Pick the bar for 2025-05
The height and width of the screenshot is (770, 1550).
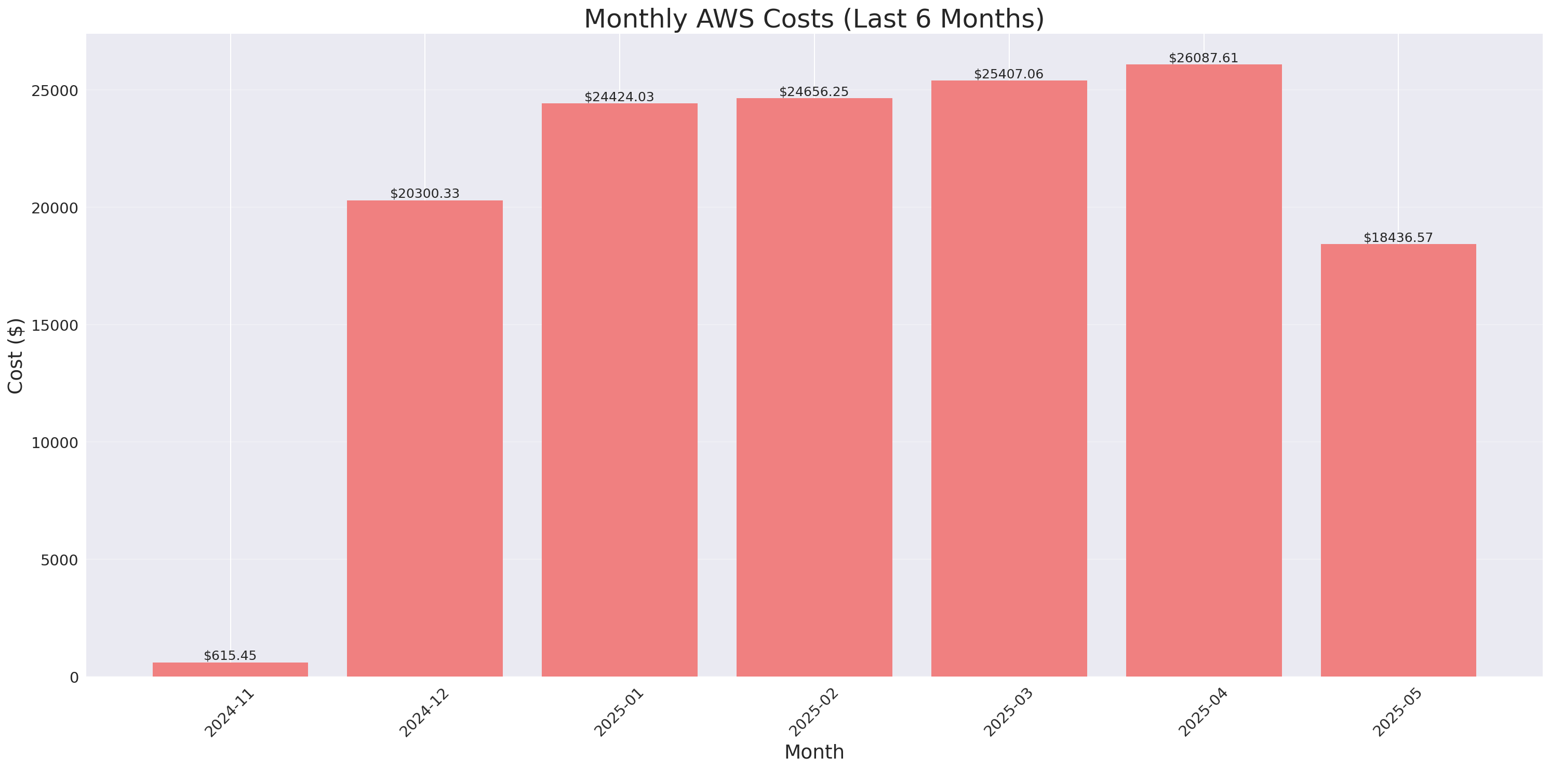[x=1398, y=460]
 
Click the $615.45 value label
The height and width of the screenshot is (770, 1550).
[x=230, y=656]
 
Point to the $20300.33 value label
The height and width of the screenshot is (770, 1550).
[x=425, y=194]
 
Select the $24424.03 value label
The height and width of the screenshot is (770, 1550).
[x=619, y=97]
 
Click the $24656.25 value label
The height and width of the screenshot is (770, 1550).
[x=813, y=91]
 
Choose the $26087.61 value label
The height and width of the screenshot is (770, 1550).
[x=1204, y=58]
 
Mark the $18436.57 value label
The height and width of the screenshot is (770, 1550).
[x=1398, y=238]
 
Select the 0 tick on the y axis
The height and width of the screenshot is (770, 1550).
[x=74, y=678]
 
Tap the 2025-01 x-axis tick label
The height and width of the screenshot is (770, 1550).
[x=620, y=713]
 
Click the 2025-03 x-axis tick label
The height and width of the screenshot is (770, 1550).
[x=1009, y=713]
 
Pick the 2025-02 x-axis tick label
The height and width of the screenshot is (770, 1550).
[x=814, y=713]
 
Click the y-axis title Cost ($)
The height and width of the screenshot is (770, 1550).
[x=16, y=356]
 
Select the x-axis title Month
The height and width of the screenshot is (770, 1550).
[x=813, y=752]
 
